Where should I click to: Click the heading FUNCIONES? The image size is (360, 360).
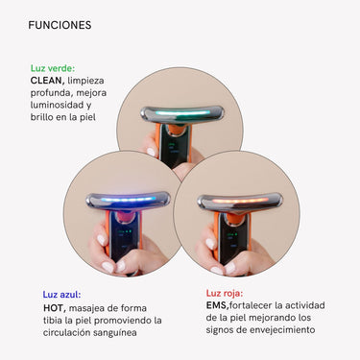point(60,25)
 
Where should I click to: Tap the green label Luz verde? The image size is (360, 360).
point(53,69)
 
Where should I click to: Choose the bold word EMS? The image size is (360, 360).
point(217,304)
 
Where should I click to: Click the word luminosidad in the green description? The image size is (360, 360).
point(59,106)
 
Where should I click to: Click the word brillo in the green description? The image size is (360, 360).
point(45,117)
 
